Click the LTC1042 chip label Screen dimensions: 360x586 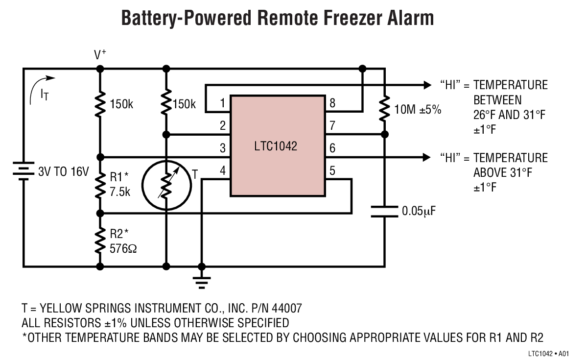coord(276,146)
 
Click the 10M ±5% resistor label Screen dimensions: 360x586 coord(418,110)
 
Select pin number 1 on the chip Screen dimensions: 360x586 coord(222,103)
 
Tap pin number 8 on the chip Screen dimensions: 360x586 coord(333,103)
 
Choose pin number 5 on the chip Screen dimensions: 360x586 coord(333,171)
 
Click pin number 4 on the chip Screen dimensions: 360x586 coord(222,171)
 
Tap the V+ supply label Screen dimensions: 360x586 coord(100,55)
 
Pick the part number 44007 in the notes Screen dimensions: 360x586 coord(287,309)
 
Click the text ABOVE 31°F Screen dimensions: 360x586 coord(502,172)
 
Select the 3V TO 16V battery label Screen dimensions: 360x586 coord(64,172)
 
